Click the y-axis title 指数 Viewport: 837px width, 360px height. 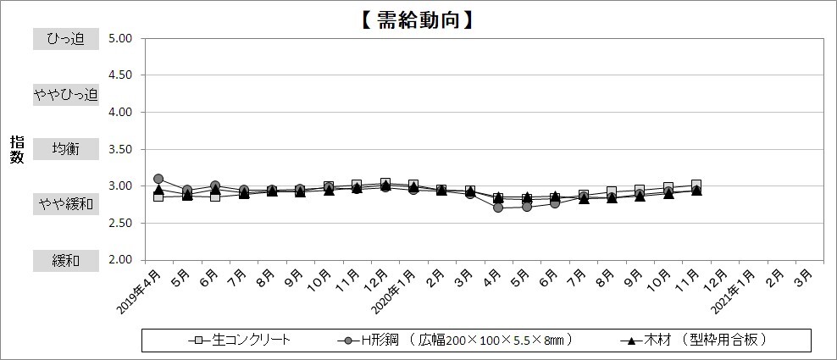click(x=17, y=150)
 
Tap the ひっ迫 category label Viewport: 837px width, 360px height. click(x=65, y=38)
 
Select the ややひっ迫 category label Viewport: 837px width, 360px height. click(x=65, y=94)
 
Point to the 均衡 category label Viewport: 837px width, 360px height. click(x=65, y=149)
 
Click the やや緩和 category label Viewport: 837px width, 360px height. click(x=65, y=204)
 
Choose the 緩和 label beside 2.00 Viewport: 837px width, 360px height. click(x=65, y=260)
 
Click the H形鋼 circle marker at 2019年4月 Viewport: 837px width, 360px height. click(x=158, y=179)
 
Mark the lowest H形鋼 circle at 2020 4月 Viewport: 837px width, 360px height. click(x=498, y=208)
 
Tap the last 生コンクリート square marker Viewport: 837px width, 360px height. click(x=696, y=185)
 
